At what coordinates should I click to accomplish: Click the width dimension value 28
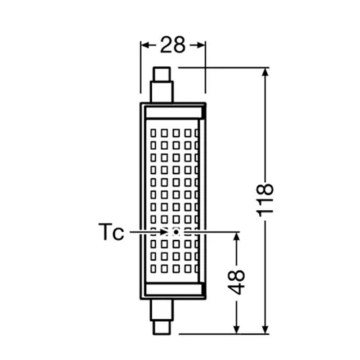pos(173,45)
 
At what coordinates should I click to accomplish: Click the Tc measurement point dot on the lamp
pos(176,232)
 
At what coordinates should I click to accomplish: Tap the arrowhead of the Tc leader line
pos(169,232)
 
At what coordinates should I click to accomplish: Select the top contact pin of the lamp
pos(161,73)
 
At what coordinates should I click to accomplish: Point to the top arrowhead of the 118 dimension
pos(266,73)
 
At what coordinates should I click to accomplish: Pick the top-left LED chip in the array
pos(153,132)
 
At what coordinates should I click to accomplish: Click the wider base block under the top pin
pos(161,92)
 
